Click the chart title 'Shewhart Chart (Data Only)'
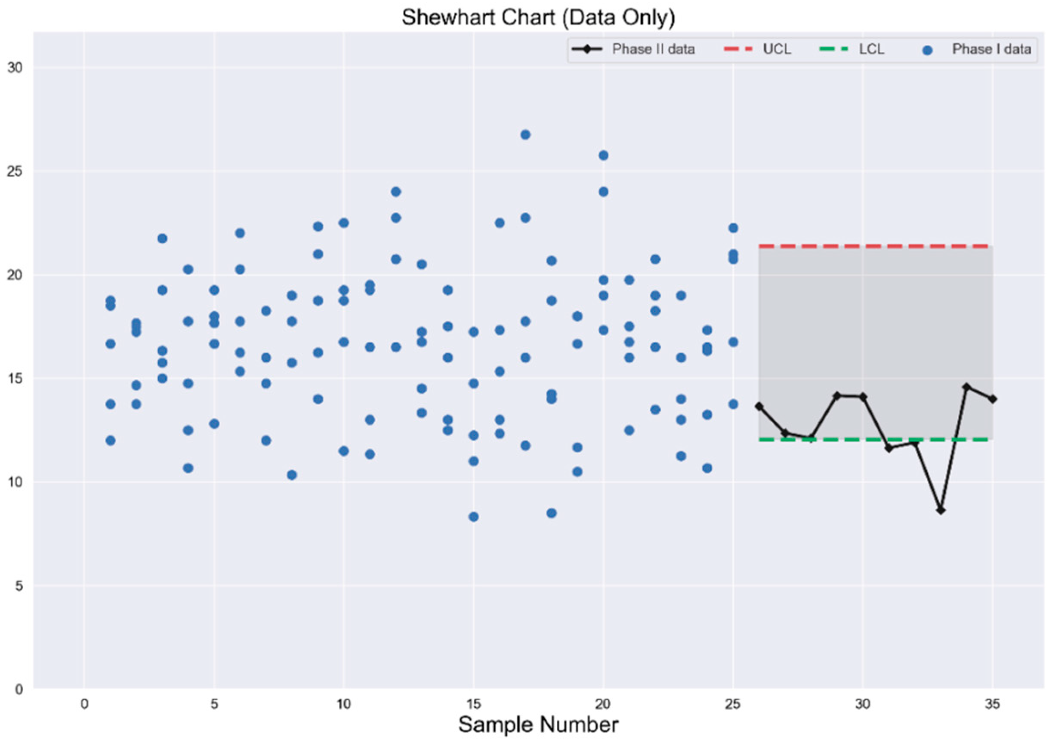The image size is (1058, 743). tap(538, 18)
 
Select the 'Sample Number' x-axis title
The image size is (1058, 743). tap(538, 724)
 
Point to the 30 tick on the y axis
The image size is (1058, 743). tap(15, 68)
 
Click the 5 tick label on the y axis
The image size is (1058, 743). tap(19, 586)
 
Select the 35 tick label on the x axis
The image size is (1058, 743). tap(992, 704)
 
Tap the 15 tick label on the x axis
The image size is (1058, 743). tap(473, 704)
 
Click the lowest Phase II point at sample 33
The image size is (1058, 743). tap(941, 510)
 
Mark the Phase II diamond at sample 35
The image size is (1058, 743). tap(993, 399)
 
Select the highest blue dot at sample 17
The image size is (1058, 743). tap(525, 135)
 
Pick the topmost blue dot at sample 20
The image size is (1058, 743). tap(603, 155)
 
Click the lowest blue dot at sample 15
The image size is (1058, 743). tap(473, 517)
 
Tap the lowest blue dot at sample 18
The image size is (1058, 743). tap(551, 513)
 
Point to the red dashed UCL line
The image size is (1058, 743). tap(876, 247)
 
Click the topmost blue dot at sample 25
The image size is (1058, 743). tap(733, 228)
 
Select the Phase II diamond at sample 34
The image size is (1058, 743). tap(967, 387)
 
